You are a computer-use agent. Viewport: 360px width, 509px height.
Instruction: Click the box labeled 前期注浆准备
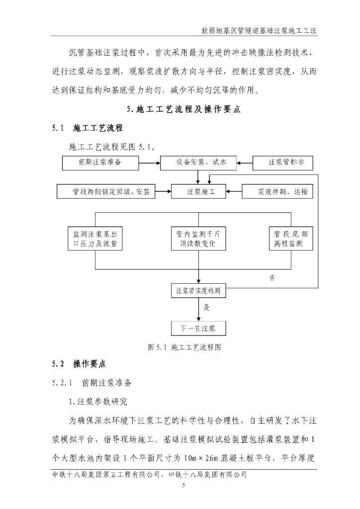pos(100,162)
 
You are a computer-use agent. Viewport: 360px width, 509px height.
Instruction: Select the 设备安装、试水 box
pos(198,162)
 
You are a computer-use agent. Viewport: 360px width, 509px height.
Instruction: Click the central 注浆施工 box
pos(198,191)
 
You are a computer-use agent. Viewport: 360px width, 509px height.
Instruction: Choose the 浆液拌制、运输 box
pos(278,191)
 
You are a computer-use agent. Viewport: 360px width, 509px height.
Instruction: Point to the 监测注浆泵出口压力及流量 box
pos(95,239)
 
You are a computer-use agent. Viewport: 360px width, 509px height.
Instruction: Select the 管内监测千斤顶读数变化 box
pos(198,239)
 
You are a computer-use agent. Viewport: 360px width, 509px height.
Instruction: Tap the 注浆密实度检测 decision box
pos(198,290)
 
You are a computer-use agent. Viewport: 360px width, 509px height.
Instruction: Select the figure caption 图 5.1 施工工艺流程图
pos(184,348)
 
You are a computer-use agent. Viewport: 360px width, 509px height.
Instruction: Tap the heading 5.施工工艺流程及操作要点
pos(183,110)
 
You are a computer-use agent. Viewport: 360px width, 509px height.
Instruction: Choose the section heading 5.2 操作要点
pos(80,364)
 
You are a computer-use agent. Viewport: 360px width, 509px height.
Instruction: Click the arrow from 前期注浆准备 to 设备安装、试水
pos(149,162)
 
